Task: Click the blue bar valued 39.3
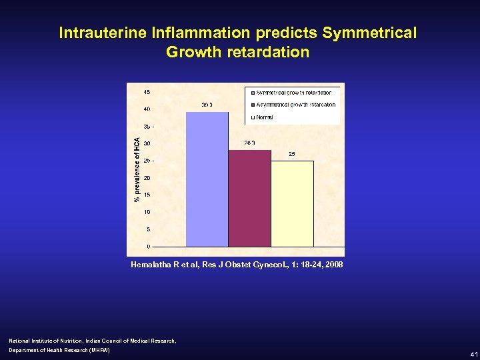(207, 179)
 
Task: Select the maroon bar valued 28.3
(249, 198)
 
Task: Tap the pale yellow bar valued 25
(292, 203)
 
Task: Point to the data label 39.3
(207, 105)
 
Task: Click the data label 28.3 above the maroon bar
(250, 143)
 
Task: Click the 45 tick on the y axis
(146, 91)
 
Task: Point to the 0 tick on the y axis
(148, 247)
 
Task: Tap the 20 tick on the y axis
(146, 178)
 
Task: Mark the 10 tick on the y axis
(146, 212)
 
